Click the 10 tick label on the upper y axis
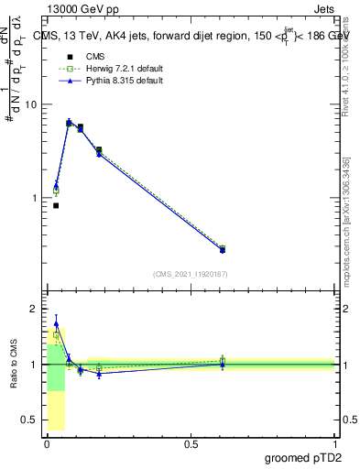[29, 104]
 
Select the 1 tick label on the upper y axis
[32, 198]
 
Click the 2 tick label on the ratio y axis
[32, 309]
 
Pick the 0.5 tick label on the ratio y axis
[27, 420]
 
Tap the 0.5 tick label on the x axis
[191, 444]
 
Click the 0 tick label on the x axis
[47, 444]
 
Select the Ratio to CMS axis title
[14, 365]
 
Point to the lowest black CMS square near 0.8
[56, 205]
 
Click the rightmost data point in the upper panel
[223, 249]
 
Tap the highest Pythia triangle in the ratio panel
[56, 323]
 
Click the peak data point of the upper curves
[69, 122]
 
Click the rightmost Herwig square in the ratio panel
[223, 360]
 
